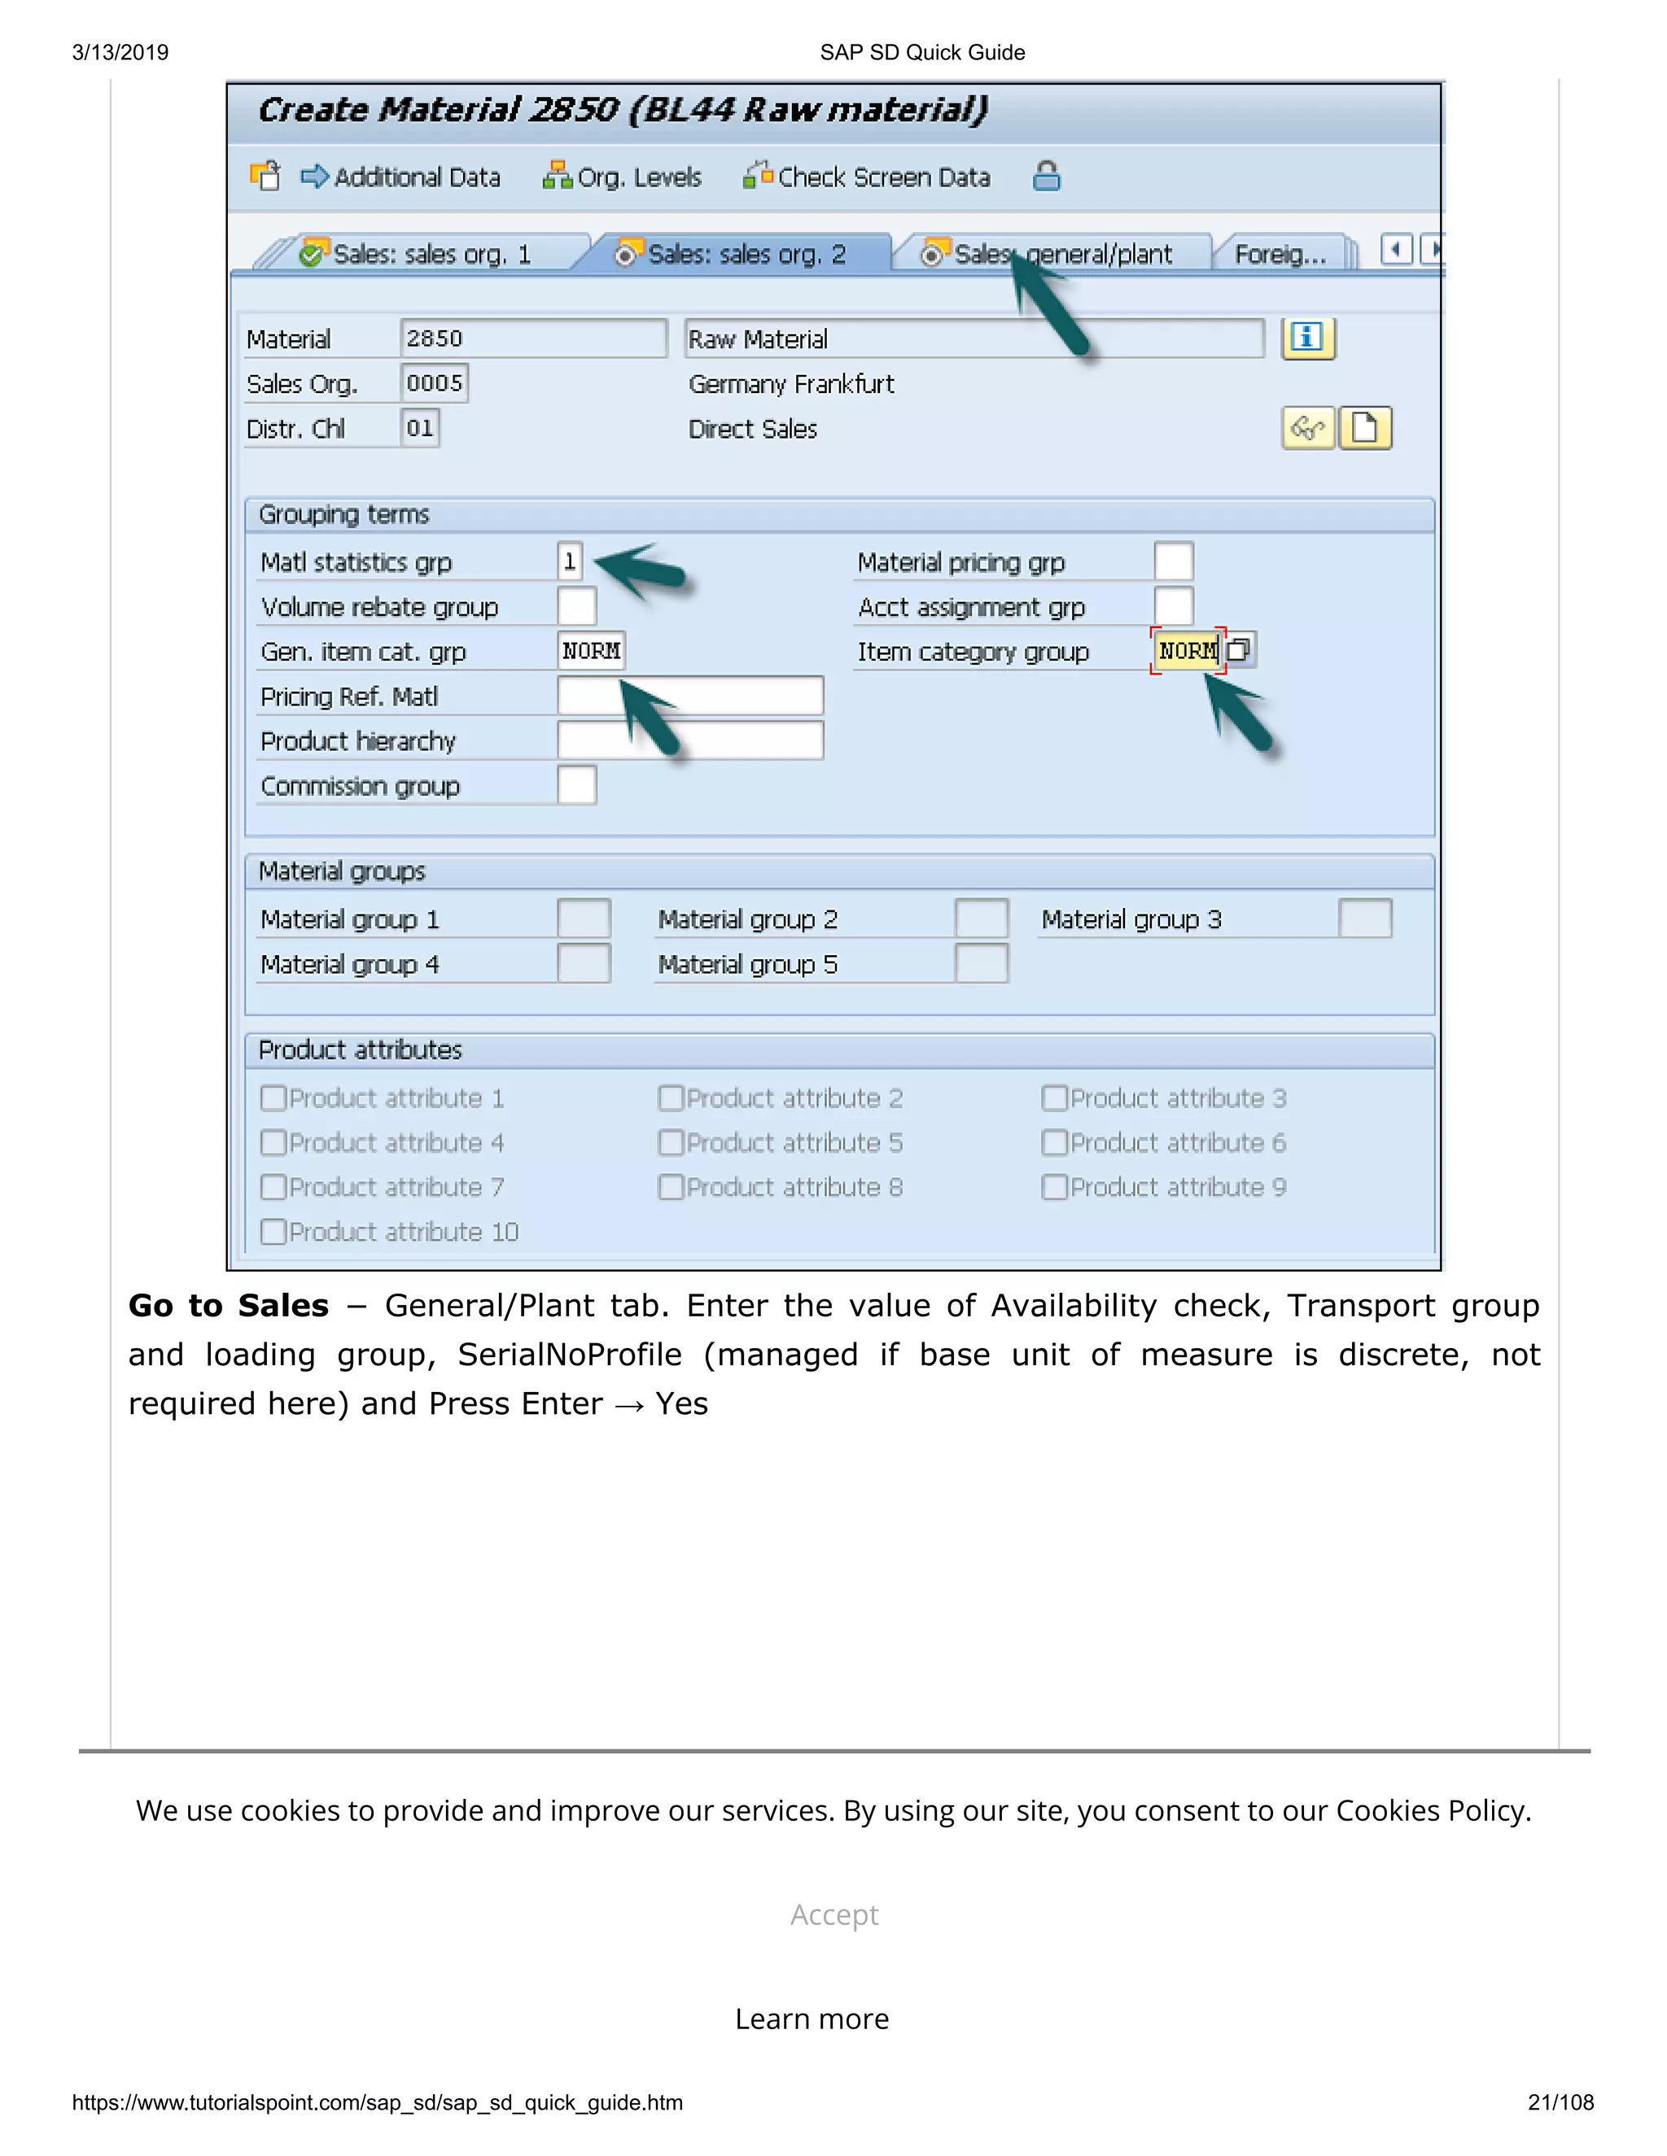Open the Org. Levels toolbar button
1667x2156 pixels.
coord(622,177)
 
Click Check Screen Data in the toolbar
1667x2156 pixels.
coord(867,177)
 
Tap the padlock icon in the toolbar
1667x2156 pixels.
coord(1046,177)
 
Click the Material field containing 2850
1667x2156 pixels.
coord(532,338)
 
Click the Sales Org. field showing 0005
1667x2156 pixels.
coord(435,383)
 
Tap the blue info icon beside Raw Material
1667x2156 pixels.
coord(1307,338)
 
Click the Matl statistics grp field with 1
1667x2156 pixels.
coord(570,561)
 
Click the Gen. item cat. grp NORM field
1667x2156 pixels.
coord(591,651)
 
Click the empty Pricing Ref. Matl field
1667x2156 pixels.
coord(689,696)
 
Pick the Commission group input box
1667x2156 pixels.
coord(577,786)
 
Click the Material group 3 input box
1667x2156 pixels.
coord(1365,919)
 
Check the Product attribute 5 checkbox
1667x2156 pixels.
coord(672,1143)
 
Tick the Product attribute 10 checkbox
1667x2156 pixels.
coord(273,1232)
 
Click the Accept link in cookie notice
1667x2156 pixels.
coord(833,1914)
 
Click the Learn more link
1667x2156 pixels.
coord(812,2019)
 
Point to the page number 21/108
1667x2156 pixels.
coord(1560,2102)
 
